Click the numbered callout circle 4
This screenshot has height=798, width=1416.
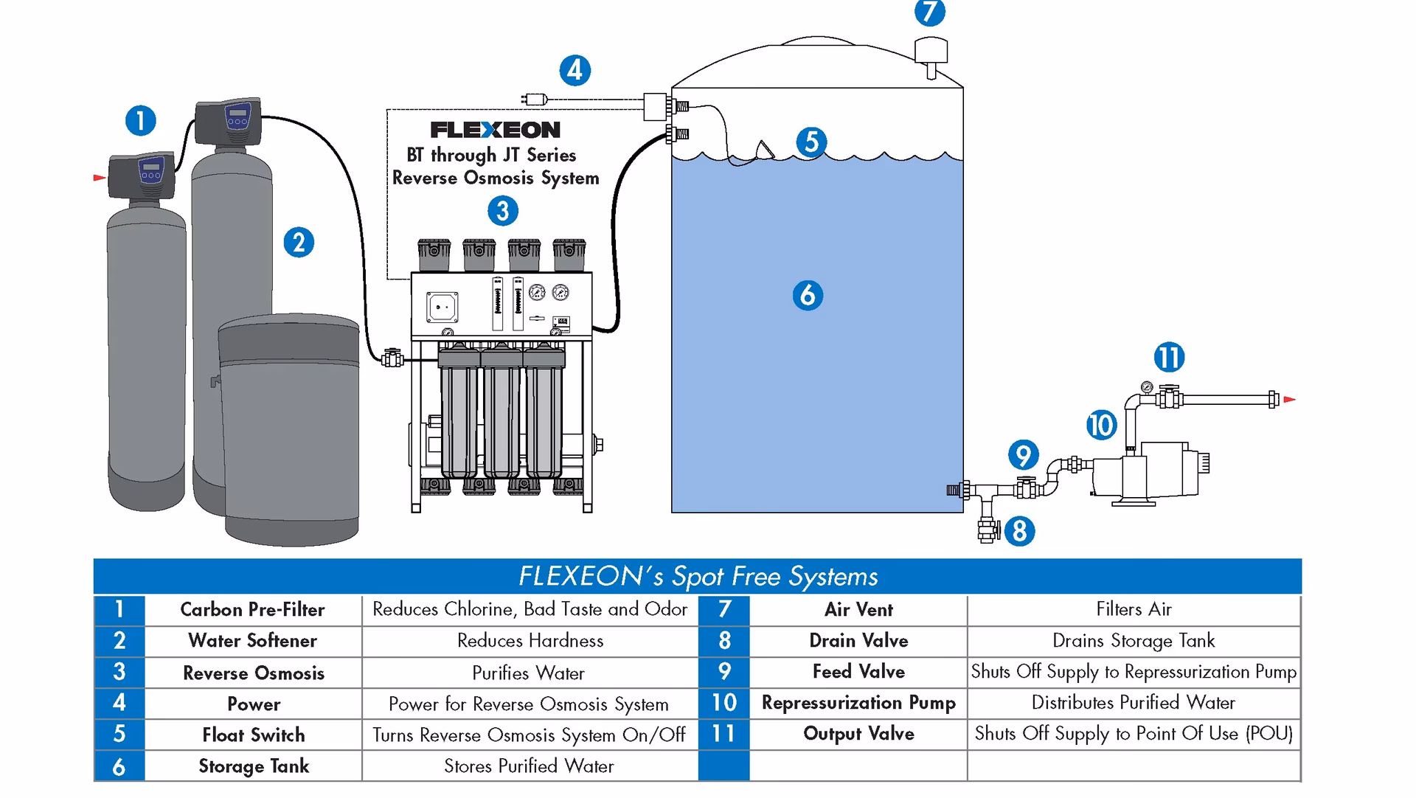pos(575,71)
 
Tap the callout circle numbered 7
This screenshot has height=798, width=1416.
pos(929,13)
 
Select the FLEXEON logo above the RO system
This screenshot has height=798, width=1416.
pos(496,130)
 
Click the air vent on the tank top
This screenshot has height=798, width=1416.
pos(931,55)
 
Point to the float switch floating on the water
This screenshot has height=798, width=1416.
pos(765,150)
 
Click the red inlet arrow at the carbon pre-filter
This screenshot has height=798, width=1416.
pos(99,178)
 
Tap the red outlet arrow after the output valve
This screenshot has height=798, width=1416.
pos(1289,400)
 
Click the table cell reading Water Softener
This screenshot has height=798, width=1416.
pos(253,641)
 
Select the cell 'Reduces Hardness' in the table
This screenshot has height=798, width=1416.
pos(530,641)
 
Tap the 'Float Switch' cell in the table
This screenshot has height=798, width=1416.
pos(253,735)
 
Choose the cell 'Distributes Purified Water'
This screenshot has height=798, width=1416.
pos(1133,703)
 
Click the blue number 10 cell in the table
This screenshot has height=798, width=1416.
pos(723,703)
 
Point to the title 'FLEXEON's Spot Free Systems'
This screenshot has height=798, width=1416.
pos(698,576)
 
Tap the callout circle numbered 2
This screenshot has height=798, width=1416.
pos(299,243)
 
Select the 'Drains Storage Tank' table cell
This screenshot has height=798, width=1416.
pos(1133,641)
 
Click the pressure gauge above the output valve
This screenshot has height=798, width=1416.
pos(1146,386)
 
